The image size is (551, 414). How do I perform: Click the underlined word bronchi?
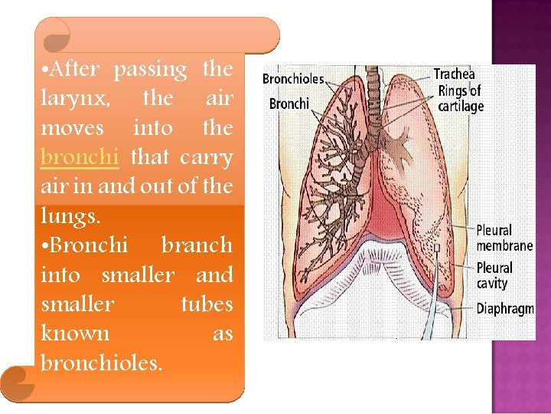click(x=80, y=157)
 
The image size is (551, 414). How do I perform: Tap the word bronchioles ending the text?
click(x=101, y=363)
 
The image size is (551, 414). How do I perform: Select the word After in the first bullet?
click(x=73, y=70)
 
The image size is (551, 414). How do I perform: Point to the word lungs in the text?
click(x=68, y=217)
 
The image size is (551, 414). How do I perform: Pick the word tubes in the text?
click(x=207, y=304)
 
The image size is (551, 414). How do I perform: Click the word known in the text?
click(x=75, y=333)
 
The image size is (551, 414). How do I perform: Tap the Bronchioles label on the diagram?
click(x=293, y=79)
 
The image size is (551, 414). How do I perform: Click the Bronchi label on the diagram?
click(x=289, y=103)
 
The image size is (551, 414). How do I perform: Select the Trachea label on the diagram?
click(x=455, y=74)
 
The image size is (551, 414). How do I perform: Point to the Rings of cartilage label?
click(x=461, y=99)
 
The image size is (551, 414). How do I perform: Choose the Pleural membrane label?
click(x=504, y=238)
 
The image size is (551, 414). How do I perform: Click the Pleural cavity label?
click(x=494, y=275)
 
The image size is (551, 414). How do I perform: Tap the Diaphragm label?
click(x=504, y=308)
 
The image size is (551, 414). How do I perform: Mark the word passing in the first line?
click(x=151, y=70)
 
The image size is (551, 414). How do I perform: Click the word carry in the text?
click(x=207, y=157)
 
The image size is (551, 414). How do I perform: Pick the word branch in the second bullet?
click(x=197, y=245)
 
